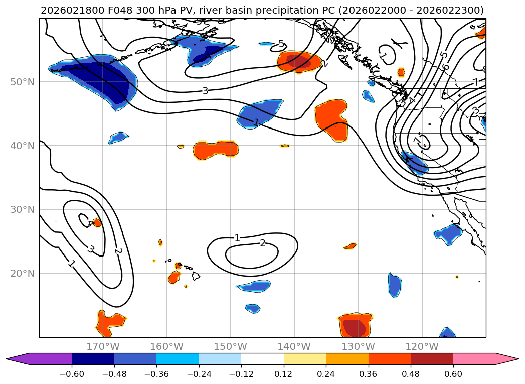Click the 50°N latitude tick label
pyautogui.click(x=22, y=82)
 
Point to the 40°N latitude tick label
pyautogui.click(x=22, y=146)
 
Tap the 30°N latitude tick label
pyautogui.click(x=22, y=209)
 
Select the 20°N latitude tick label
pyautogui.click(x=22, y=274)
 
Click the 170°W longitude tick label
pyautogui.click(x=103, y=346)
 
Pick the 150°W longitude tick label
pyautogui.click(x=231, y=346)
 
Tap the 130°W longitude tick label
pyautogui.click(x=358, y=346)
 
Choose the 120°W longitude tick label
pyautogui.click(x=422, y=346)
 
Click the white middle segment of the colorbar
pyautogui.click(x=262, y=358)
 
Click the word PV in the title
pyautogui.click(x=168, y=10)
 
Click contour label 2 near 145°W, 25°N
pyautogui.click(x=262, y=243)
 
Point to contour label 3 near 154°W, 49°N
pyautogui.click(x=205, y=91)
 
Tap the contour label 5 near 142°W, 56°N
pyautogui.click(x=281, y=44)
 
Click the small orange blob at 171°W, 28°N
pyautogui.click(x=97, y=222)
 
